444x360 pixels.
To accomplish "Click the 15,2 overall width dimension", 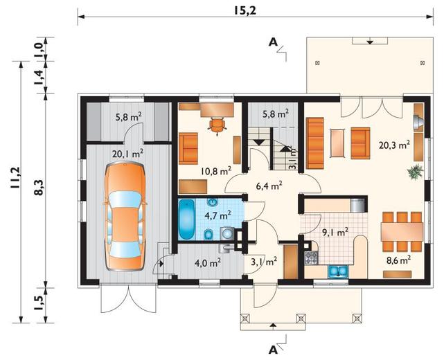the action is (x=245, y=10).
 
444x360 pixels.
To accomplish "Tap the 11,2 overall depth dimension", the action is (x=16, y=178).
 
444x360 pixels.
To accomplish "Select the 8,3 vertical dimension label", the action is (x=39, y=187).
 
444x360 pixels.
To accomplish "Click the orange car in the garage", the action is (x=125, y=216).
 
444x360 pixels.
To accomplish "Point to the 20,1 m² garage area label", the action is (x=127, y=154).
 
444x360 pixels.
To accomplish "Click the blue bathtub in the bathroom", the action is (x=186, y=219).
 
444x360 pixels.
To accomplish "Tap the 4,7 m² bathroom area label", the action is (x=217, y=215).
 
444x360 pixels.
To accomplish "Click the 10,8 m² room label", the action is (x=216, y=171).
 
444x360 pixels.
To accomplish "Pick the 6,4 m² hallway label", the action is (x=269, y=186).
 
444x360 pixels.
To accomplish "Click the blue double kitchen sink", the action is (x=338, y=271).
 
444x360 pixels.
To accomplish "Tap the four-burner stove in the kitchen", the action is (x=311, y=258).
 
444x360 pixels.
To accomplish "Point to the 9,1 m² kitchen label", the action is (x=335, y=233).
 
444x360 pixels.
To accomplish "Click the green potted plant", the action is (x=415, y=172).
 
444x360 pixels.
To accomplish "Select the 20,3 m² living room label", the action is (x=394, y=145).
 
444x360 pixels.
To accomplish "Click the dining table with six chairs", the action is (x=402, y=231).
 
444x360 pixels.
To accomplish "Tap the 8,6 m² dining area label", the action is (x=399, y=260).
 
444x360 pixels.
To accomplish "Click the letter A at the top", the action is (x=273, y=42).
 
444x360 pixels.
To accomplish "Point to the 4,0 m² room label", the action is (x=208, y=263).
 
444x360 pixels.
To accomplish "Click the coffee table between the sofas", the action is (x=337, y=143).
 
